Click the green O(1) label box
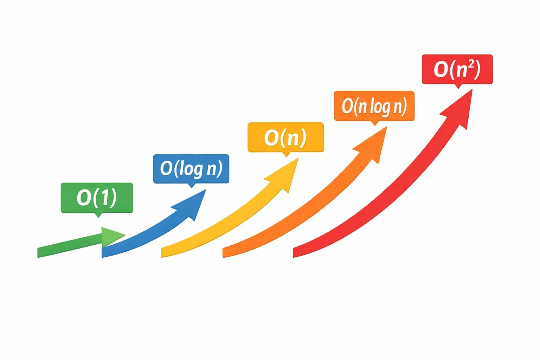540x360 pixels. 97,198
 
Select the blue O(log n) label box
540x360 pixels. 191,169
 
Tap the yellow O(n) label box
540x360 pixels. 285,137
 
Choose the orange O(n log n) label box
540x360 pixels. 374,106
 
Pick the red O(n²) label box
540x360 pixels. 457,69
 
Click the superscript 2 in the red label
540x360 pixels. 471,64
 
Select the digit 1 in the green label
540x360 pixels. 103,198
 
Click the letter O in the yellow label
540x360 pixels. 271,137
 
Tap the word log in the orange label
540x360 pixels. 380,107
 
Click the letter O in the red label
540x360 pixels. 441,69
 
